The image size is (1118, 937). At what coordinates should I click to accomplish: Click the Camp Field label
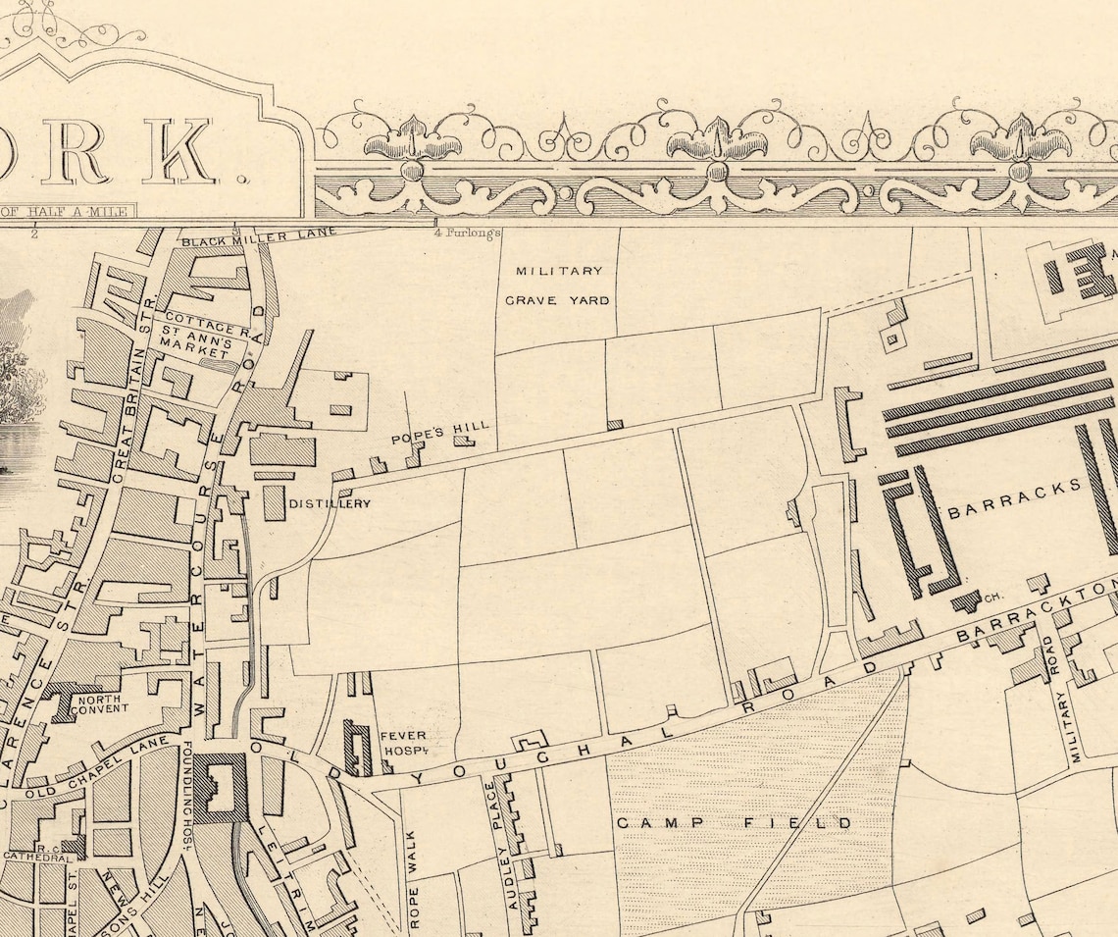734,822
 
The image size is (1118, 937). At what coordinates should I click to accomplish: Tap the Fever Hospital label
403,742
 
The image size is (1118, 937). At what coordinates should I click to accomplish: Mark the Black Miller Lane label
258,235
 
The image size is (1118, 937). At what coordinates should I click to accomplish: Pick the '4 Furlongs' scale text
468,234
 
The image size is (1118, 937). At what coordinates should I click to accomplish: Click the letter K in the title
178,151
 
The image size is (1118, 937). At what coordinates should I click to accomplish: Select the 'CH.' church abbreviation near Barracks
991,596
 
